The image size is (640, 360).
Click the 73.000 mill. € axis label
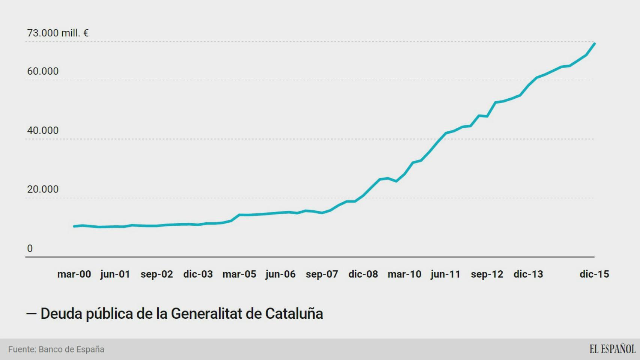click(58, 33)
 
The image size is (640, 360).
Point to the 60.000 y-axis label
click(43, 71)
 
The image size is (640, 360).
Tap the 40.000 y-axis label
click(43, 130)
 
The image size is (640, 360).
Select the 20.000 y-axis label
click(43, 189)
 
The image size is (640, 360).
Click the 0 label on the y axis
click(30, 248)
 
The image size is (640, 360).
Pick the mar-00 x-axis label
click(74, 274)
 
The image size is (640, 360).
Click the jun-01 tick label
click(115, 274)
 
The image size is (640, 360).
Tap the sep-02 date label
click(157, 274)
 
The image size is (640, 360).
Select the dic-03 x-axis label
click(198, 274)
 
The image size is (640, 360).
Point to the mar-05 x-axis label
click(239, 274)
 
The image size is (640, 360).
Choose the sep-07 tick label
click(322, 274)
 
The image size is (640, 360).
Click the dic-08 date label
click(363, 274)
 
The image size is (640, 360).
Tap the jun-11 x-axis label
click(445, 274)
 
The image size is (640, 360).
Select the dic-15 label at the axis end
click(594, 274)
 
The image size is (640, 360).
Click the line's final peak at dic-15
click(595, 44)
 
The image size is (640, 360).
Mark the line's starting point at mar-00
click(74, 226)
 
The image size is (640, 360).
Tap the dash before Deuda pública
click(31, 313)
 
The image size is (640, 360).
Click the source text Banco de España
click(71, 349)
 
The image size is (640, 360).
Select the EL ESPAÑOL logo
click(612, 349)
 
